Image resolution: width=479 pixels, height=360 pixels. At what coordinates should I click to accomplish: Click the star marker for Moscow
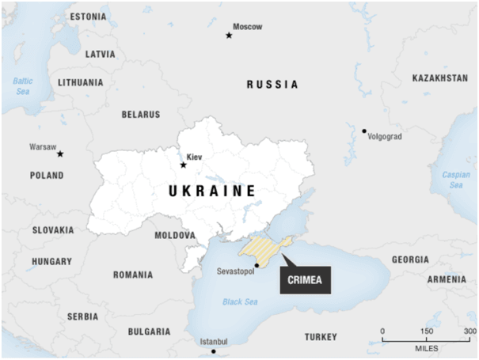(230, 35)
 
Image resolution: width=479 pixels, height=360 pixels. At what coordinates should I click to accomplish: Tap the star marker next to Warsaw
(60, 153)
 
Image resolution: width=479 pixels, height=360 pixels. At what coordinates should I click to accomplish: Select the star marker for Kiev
(184, 165)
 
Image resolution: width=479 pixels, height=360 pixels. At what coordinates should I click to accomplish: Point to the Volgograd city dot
(364, 131)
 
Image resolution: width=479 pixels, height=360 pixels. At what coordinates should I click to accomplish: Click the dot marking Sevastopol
(257, 265)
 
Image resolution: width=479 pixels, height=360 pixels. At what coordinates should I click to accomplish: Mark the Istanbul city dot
(213, 351)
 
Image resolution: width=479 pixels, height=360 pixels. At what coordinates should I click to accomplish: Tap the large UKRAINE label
(212, 191)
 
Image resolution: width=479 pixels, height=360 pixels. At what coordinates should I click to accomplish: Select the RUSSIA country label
(272, 84)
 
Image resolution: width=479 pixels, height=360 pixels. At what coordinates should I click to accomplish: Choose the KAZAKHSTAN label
(440, 78)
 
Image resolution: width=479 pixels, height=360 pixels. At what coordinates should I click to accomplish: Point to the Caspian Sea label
(455, 180)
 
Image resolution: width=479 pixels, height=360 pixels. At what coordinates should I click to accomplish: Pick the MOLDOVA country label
(175, 235)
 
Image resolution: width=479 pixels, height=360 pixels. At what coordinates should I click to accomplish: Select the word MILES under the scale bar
(426, 349)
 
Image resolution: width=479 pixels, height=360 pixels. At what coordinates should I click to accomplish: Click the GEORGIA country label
(410, 260)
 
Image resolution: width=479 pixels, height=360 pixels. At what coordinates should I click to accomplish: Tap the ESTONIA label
(87, 17)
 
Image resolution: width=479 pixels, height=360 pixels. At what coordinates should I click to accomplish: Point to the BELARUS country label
(141, 114)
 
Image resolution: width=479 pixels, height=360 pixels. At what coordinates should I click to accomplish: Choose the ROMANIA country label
(133, 275)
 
